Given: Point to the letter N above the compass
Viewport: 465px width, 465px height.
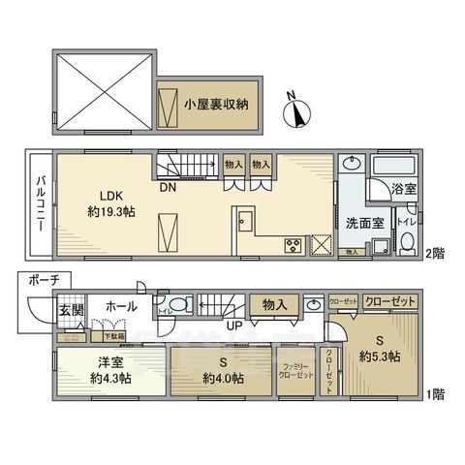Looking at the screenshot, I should click(290, 95).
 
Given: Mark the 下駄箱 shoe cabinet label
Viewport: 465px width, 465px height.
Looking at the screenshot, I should click(114, 335).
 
